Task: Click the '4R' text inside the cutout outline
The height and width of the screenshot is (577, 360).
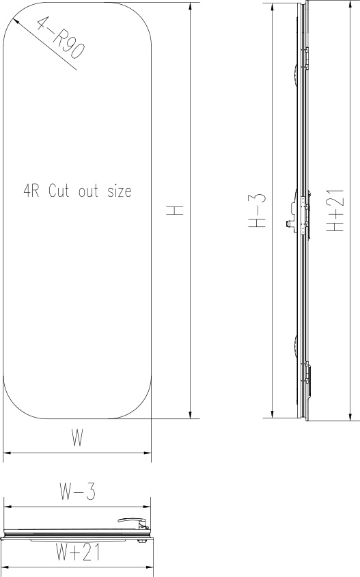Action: (31, 191)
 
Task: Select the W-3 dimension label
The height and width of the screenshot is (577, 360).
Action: (77, 492)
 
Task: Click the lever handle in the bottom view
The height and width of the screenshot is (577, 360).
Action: (134, 521)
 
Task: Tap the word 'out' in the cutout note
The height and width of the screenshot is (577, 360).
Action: (87, 191)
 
